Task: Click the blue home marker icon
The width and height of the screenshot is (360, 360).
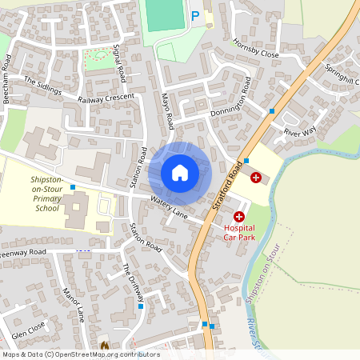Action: (x=180, y=173)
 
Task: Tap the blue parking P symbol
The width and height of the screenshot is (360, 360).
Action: (x=194, y=15)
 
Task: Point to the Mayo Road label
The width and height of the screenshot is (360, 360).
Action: (x=167, y=110)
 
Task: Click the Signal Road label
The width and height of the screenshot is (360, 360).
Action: (x=121, y=63)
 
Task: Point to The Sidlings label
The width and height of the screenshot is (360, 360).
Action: (x=42, y=86)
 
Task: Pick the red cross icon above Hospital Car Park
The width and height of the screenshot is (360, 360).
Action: (x=239, y=217)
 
